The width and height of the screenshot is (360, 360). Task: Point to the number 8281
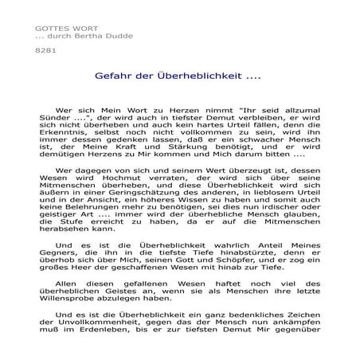(x=37, y=51)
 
